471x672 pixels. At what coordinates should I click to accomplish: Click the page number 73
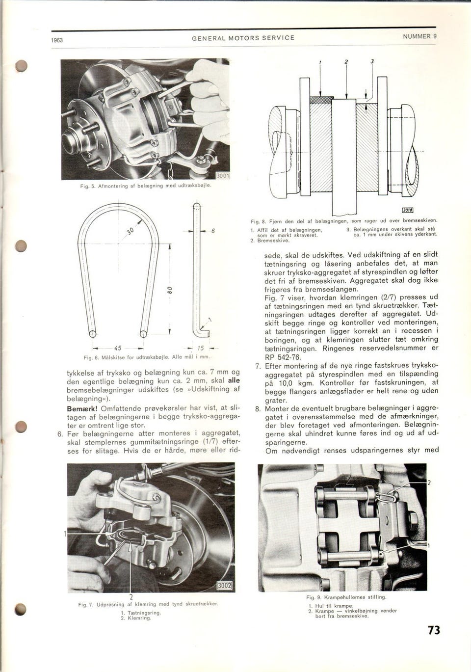(433, 630)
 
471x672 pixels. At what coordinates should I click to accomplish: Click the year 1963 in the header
(57, 40)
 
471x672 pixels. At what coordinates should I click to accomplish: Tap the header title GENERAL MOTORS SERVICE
(243, 38)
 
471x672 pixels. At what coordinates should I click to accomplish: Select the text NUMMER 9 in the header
(419, 36)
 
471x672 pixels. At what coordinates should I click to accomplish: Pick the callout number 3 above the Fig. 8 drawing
(372, 61)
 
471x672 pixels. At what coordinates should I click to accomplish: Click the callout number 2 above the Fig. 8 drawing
(346, 61)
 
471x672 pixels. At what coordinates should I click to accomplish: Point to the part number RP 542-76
(283, 357)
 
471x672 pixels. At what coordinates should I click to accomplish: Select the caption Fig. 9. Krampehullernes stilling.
(346, 597)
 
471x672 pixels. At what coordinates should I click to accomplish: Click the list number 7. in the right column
(258, 366)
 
